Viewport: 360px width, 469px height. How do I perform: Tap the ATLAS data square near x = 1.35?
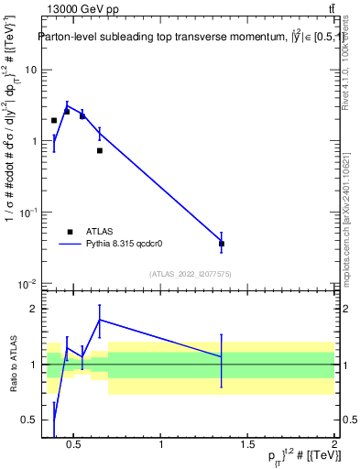click(x=222, y=244)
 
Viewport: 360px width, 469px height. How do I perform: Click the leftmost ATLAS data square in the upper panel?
click(x=54, y=120)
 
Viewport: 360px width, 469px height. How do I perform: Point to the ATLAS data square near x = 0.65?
click(x=100, y=150)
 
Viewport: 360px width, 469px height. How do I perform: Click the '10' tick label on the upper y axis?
click(x=31, y=70)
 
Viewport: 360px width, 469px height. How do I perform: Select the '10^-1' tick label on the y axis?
click(x=28, y=212)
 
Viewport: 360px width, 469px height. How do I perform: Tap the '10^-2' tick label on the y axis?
click(x=28, y=283)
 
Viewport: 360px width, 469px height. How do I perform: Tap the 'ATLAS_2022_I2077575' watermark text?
click(x=191, y=274)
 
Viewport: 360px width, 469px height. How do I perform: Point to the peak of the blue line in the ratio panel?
click(x=100, y=320)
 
